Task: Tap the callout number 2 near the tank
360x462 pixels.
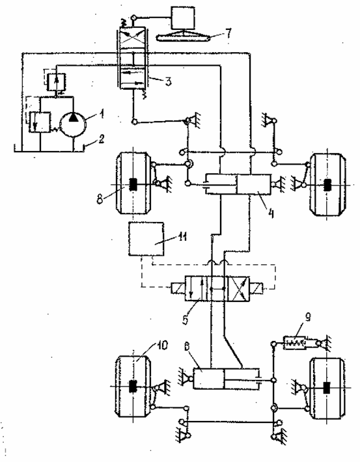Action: pyautogui.click(x=101, y=139)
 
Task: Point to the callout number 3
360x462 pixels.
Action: pyautogui.click(x=168, y=81)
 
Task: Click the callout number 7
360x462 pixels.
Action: pyautogui.click(x=228, y=33)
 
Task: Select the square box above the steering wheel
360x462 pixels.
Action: pyautogui.click(x=183, y=18)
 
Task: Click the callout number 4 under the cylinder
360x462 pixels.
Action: pyautogui.click(x=271, y=213)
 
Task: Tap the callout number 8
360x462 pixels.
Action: pyautogui.click(x=100, y=199)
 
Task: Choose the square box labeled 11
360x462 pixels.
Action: pyautogui.click(x=146, y=239)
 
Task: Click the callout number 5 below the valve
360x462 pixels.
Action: pyautogui.click(x=186, y=319)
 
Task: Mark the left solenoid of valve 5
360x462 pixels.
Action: pyautogui.click(x=178, y=288)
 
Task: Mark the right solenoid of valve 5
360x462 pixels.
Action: pyautogui.click(x=256, y=288)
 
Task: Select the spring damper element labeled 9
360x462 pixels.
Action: pyautogui.click(x=295, y=343)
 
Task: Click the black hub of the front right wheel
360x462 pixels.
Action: pyautogui.click(x=327, y=185)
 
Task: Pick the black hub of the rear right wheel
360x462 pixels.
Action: pyautogui.click(x=327, y=387)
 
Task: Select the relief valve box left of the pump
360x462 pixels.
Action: pyautogui.click(x=40, y=122)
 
